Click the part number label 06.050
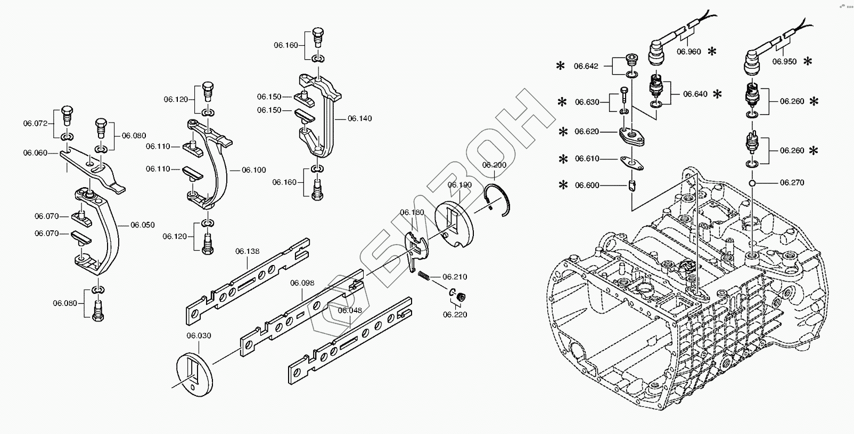pyautogui.click(x=143, y=225)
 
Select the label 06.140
pyautogui.click(x=360, y=118)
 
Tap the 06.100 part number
pyautogui.click(x=254, y=170)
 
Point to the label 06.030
pyautogui.click(x=199, y=336)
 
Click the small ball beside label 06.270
pyautogui.click(x=752, y=183)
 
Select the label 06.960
pyautogui.click(x=689, y=52)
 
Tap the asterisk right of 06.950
pyautogui.click(x=808, y=61)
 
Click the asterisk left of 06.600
pyautogui.click(x=562, y=186)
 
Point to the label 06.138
pyautogui.click(x=248, y=251)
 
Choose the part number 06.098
pyautogui.click(x=302, y=283)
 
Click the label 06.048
pyautogui.click(x=350, y=310)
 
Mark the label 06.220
pyautogui.click(x=455, y=315)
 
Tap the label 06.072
pyautogui.click(x=35, y=123)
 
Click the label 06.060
pyautogui.click(x=35, y=153)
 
